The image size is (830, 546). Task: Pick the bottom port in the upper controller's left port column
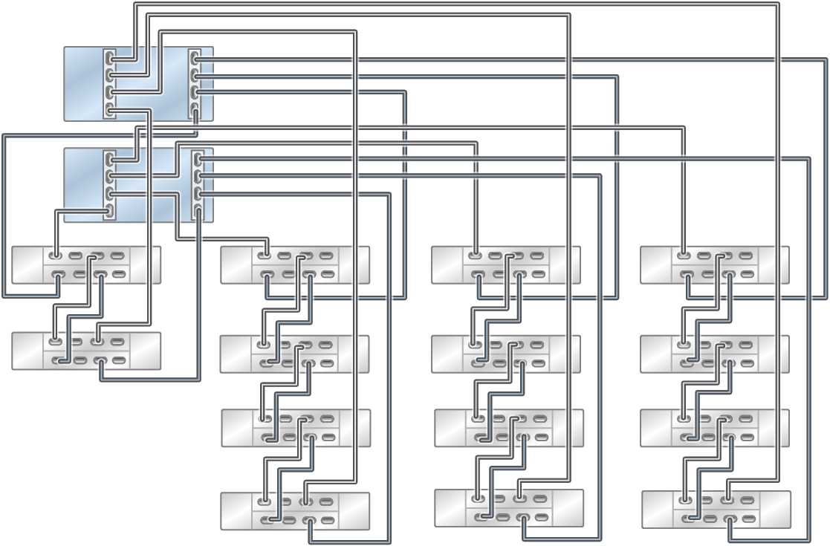click(x=110, y=110)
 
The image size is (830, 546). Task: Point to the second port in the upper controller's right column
click(x=195, y=75)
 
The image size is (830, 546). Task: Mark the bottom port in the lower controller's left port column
click(x=110, y=211)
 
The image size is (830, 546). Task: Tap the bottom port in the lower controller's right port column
click(x=198, y=211)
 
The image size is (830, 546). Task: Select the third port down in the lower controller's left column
click(x=110, y=193)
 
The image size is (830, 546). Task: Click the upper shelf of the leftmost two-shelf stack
click(x=86, y=265)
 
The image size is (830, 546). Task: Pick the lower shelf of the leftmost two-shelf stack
click(x=86, y=351)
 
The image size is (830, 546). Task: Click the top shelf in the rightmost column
click(x=714, y=265)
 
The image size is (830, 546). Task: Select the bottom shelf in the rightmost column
click(x=716, y=509)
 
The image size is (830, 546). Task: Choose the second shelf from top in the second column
click(x=294, y=354)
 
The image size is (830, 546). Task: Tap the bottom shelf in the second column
click(x=295, y=510)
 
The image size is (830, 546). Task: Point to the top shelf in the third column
click(x=505, y=265)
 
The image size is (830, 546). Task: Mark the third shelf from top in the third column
click(x=508, y=428)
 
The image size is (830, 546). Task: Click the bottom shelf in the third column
click(x=508, y=507)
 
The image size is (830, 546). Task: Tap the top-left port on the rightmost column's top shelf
click(x=684, y=256)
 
